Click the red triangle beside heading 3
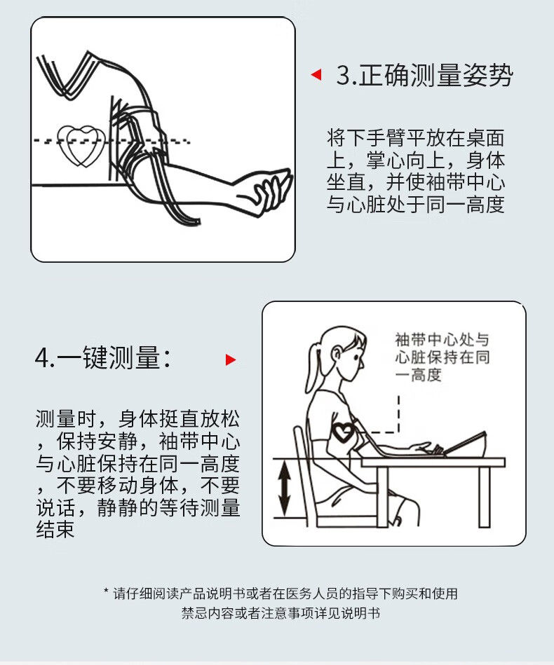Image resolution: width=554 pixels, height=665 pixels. coord(317,75)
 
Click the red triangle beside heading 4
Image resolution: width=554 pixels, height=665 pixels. coord(231,359)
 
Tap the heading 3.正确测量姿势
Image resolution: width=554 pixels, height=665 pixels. coord(424,76)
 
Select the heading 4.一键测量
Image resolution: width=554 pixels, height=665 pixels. coord(102,357)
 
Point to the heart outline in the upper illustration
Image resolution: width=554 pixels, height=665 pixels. coord(81,145)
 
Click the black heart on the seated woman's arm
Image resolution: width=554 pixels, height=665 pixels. coord(343,432)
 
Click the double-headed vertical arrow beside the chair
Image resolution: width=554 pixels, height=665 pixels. coord(284,489)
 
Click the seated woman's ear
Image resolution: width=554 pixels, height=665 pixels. coord(337,353)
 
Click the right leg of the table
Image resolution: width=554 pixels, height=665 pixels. coord(484,497)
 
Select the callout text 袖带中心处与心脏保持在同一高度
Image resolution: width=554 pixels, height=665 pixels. coord(442,357)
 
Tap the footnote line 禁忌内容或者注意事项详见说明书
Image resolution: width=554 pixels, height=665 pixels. coord(281,613)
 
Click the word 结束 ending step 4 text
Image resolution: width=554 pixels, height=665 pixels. coord(55,529)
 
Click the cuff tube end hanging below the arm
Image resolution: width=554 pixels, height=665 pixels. coord(193,222)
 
